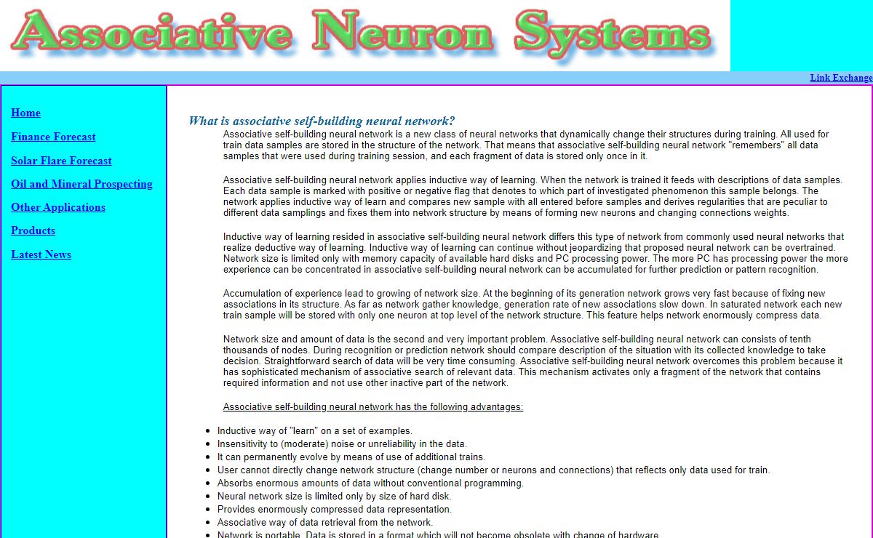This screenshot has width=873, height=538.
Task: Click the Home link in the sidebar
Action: tap(25, 113)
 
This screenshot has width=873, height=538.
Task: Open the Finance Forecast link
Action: tap(53, 137)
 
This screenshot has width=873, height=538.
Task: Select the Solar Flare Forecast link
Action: tap(61, 161)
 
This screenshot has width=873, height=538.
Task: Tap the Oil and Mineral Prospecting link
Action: tap(81, 184)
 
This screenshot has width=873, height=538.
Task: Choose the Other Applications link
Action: tap(58, 207)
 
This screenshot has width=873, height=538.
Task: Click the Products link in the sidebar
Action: tap(33, 230)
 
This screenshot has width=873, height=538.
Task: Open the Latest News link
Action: tap(41, 254)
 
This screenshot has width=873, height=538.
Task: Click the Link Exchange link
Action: tap(840, 78)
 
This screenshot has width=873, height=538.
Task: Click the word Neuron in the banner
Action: tap(404, 33)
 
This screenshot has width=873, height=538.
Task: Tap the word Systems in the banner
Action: tap(615, 33)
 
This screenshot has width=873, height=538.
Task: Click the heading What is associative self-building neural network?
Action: tap(322, 121)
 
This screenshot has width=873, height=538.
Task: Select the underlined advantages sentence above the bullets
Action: tap(372, 407)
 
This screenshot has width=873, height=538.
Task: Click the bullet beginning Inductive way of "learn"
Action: tap(314, 430)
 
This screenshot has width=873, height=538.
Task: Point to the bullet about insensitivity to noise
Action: tap(342, 443)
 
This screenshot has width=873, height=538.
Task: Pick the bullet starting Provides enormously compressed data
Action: tap(334, 510)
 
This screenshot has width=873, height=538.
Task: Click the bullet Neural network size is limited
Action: tap(334, 497)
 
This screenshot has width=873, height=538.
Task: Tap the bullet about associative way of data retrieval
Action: tap(324, 523)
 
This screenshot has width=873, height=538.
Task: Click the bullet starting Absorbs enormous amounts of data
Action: tap(370, 483)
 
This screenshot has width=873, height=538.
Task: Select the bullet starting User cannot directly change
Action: tap(493, 470)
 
